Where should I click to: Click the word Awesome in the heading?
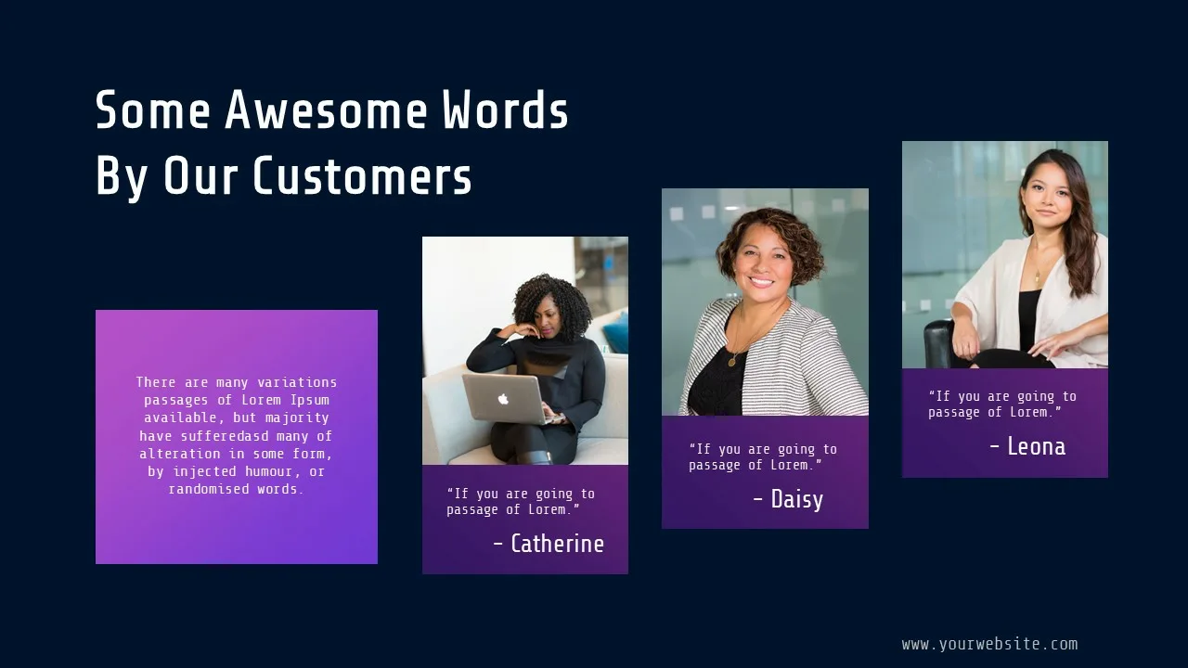pos(326,109)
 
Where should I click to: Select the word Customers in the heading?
pos(362,175)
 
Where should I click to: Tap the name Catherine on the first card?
pos(557,544)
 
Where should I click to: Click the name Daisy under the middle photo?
pos(796,499)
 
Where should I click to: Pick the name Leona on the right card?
pos(1037,446)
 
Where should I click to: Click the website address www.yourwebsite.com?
pos(989,644)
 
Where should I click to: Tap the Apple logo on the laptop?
pos(503,399)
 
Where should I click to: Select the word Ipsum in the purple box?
pos(310,400)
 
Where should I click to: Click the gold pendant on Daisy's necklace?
pos(732,362)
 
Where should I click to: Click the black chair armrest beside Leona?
pos(937,343)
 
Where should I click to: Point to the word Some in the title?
pos(153,109)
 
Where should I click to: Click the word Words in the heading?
pos(506,109)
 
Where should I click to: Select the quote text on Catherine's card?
pos(521,502)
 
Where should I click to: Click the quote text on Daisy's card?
pos(763,457)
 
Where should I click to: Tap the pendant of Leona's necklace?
pos(1038,276)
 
